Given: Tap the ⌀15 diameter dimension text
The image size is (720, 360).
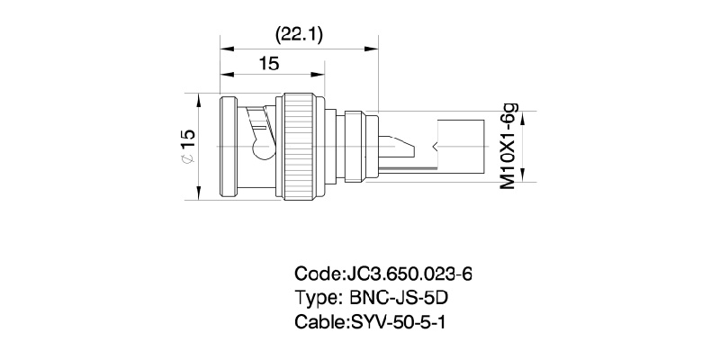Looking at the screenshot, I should [187, 144].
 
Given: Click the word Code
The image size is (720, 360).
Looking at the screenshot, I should [315, 274].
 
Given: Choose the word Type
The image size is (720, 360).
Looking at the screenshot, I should [315, 298].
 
